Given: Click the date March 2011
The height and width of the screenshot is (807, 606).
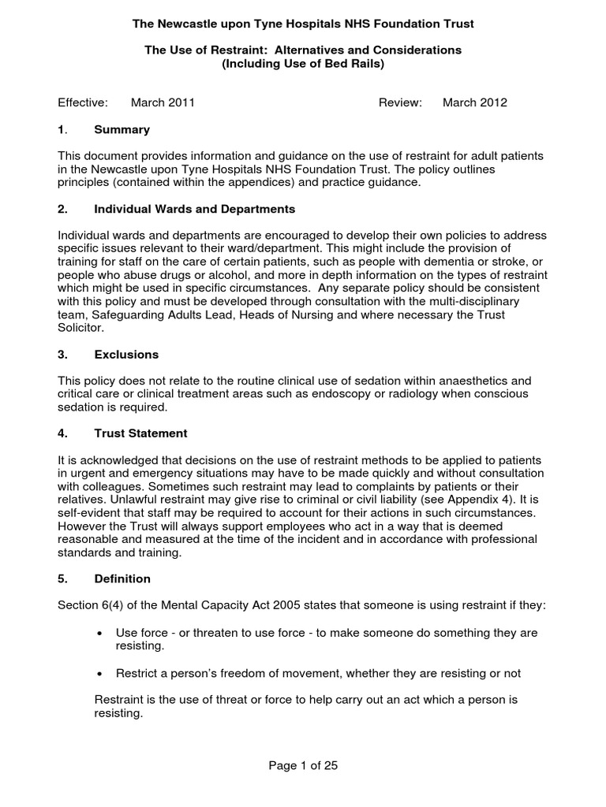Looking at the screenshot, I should point(163,102).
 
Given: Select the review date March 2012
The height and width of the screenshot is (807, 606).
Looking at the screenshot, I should point(474,102).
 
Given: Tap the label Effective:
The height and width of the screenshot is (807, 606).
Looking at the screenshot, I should point(83,102).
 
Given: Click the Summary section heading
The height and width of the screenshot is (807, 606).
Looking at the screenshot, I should point(122,129).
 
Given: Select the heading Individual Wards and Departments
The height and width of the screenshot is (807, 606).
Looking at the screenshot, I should point(194,209).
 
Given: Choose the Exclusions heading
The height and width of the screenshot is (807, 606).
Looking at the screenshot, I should point(126,355).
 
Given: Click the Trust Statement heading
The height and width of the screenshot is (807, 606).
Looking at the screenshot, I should point(140,433).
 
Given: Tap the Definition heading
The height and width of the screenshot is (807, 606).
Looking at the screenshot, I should point(122,578).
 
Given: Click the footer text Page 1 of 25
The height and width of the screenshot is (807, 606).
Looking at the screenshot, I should point(302,765).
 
